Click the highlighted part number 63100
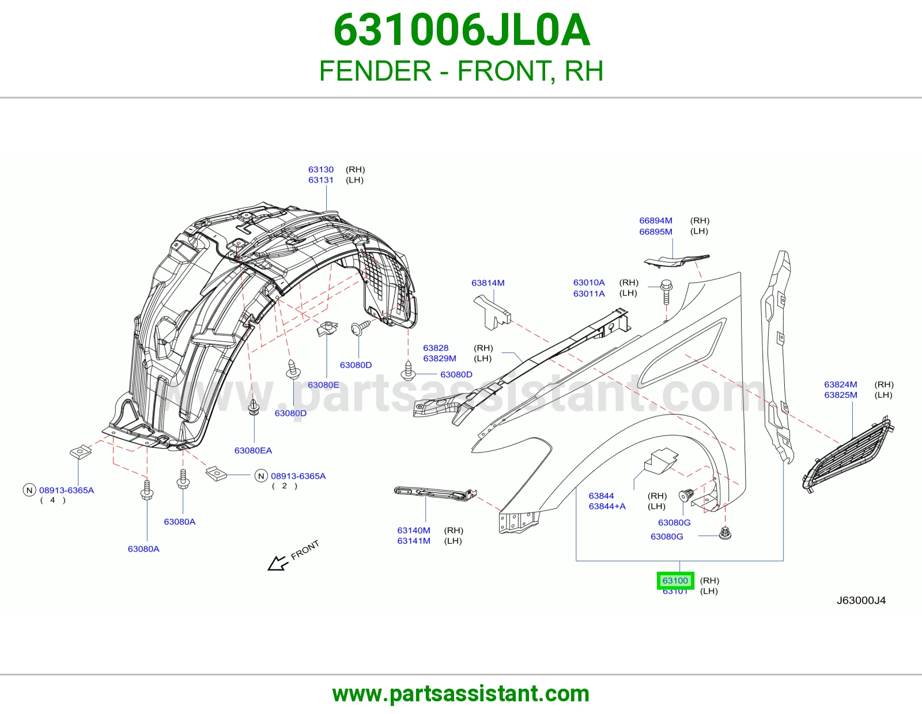(675, 580)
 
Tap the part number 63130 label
(321, 170)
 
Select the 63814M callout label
(488, 283)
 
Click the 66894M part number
(656, 221)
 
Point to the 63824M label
(841, 385)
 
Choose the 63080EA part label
(253, 451)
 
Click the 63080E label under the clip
(323, 385)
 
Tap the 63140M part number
(414, 530)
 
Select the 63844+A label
(607, 506)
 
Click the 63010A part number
(589, 282)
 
